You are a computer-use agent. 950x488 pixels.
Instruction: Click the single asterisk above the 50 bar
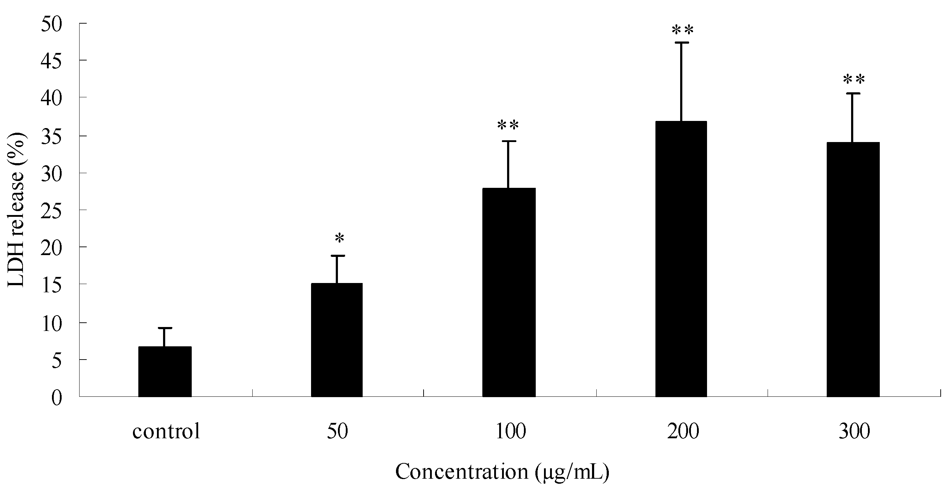[339, 238]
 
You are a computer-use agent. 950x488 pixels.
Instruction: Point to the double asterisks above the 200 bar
[683, 30]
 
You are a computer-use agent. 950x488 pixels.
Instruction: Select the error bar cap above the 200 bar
[681, 43]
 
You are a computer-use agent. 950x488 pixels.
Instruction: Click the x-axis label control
[166, 431]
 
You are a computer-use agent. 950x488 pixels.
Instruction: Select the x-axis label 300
[854, 431]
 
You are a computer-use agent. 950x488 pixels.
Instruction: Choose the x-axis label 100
[510, 431]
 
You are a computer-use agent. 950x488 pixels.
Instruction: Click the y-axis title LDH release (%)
[16, 210]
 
